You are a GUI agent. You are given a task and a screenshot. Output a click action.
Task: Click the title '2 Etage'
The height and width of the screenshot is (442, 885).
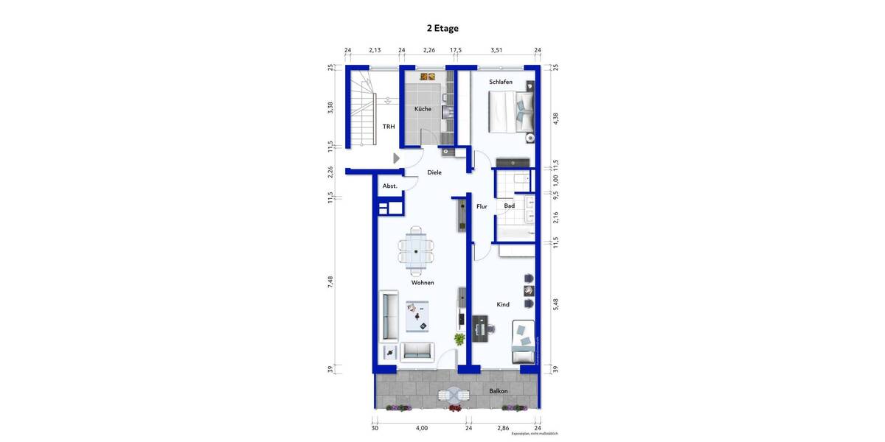point(442,29)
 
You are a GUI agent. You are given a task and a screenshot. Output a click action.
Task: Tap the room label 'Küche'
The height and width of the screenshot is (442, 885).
point(423,109)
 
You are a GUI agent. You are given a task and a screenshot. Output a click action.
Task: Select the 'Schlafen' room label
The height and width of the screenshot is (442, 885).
point(501,83)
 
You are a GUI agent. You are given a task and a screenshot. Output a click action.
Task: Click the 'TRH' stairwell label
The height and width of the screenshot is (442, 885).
point(388,127)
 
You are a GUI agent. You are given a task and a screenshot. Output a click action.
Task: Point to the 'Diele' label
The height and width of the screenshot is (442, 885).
point(434,172)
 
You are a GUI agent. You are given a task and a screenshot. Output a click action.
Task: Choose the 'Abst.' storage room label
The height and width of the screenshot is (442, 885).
point(389,186)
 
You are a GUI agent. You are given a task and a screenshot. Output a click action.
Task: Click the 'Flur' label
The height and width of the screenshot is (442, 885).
point(482,207)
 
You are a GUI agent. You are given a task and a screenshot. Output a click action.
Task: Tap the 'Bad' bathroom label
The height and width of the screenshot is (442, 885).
point(509,206)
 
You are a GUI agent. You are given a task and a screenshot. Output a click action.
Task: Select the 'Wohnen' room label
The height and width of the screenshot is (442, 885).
point(423,283)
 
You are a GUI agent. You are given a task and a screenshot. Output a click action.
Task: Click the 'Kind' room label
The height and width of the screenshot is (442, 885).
point(503,304)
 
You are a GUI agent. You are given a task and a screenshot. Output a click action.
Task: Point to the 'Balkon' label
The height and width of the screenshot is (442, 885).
point(499,390)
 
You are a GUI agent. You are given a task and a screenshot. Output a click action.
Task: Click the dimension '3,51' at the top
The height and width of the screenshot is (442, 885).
point(496,50)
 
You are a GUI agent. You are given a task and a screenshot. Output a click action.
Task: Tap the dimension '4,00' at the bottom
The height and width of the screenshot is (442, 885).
point(421,427)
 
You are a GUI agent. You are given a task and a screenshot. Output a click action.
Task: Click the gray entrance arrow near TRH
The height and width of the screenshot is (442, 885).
point(397,158)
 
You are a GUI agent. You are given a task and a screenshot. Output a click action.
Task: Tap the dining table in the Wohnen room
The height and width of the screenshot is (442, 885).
point(417,251)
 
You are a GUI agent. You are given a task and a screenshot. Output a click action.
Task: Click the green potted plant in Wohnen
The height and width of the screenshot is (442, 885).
point(459,340)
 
